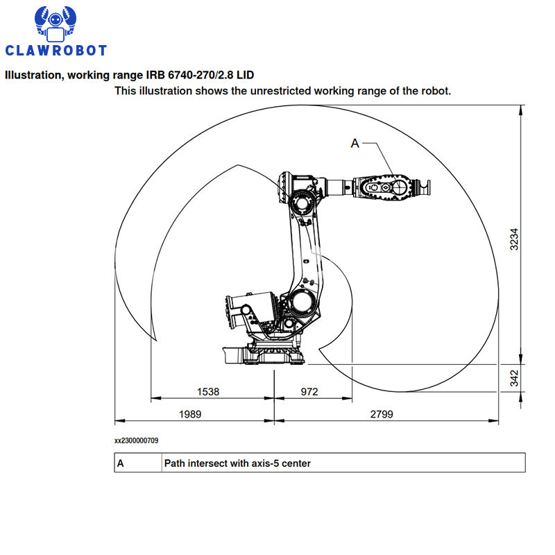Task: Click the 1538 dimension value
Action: (207, 391)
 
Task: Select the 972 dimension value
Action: (309, 391)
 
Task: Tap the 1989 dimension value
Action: (190, 413)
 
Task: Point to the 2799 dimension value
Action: (382, 413)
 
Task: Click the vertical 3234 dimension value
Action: (514, 239)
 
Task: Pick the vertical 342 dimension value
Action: (514, 378)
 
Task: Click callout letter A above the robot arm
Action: (355, 144)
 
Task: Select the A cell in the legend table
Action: (120, 463)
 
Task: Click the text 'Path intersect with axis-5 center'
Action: (237, 463)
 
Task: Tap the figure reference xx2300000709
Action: (136, 441)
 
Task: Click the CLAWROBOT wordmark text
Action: (56, 50)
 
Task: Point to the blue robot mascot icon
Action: (55, 24)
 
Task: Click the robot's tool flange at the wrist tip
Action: (424, 187)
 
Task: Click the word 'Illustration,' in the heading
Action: (34, 75)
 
